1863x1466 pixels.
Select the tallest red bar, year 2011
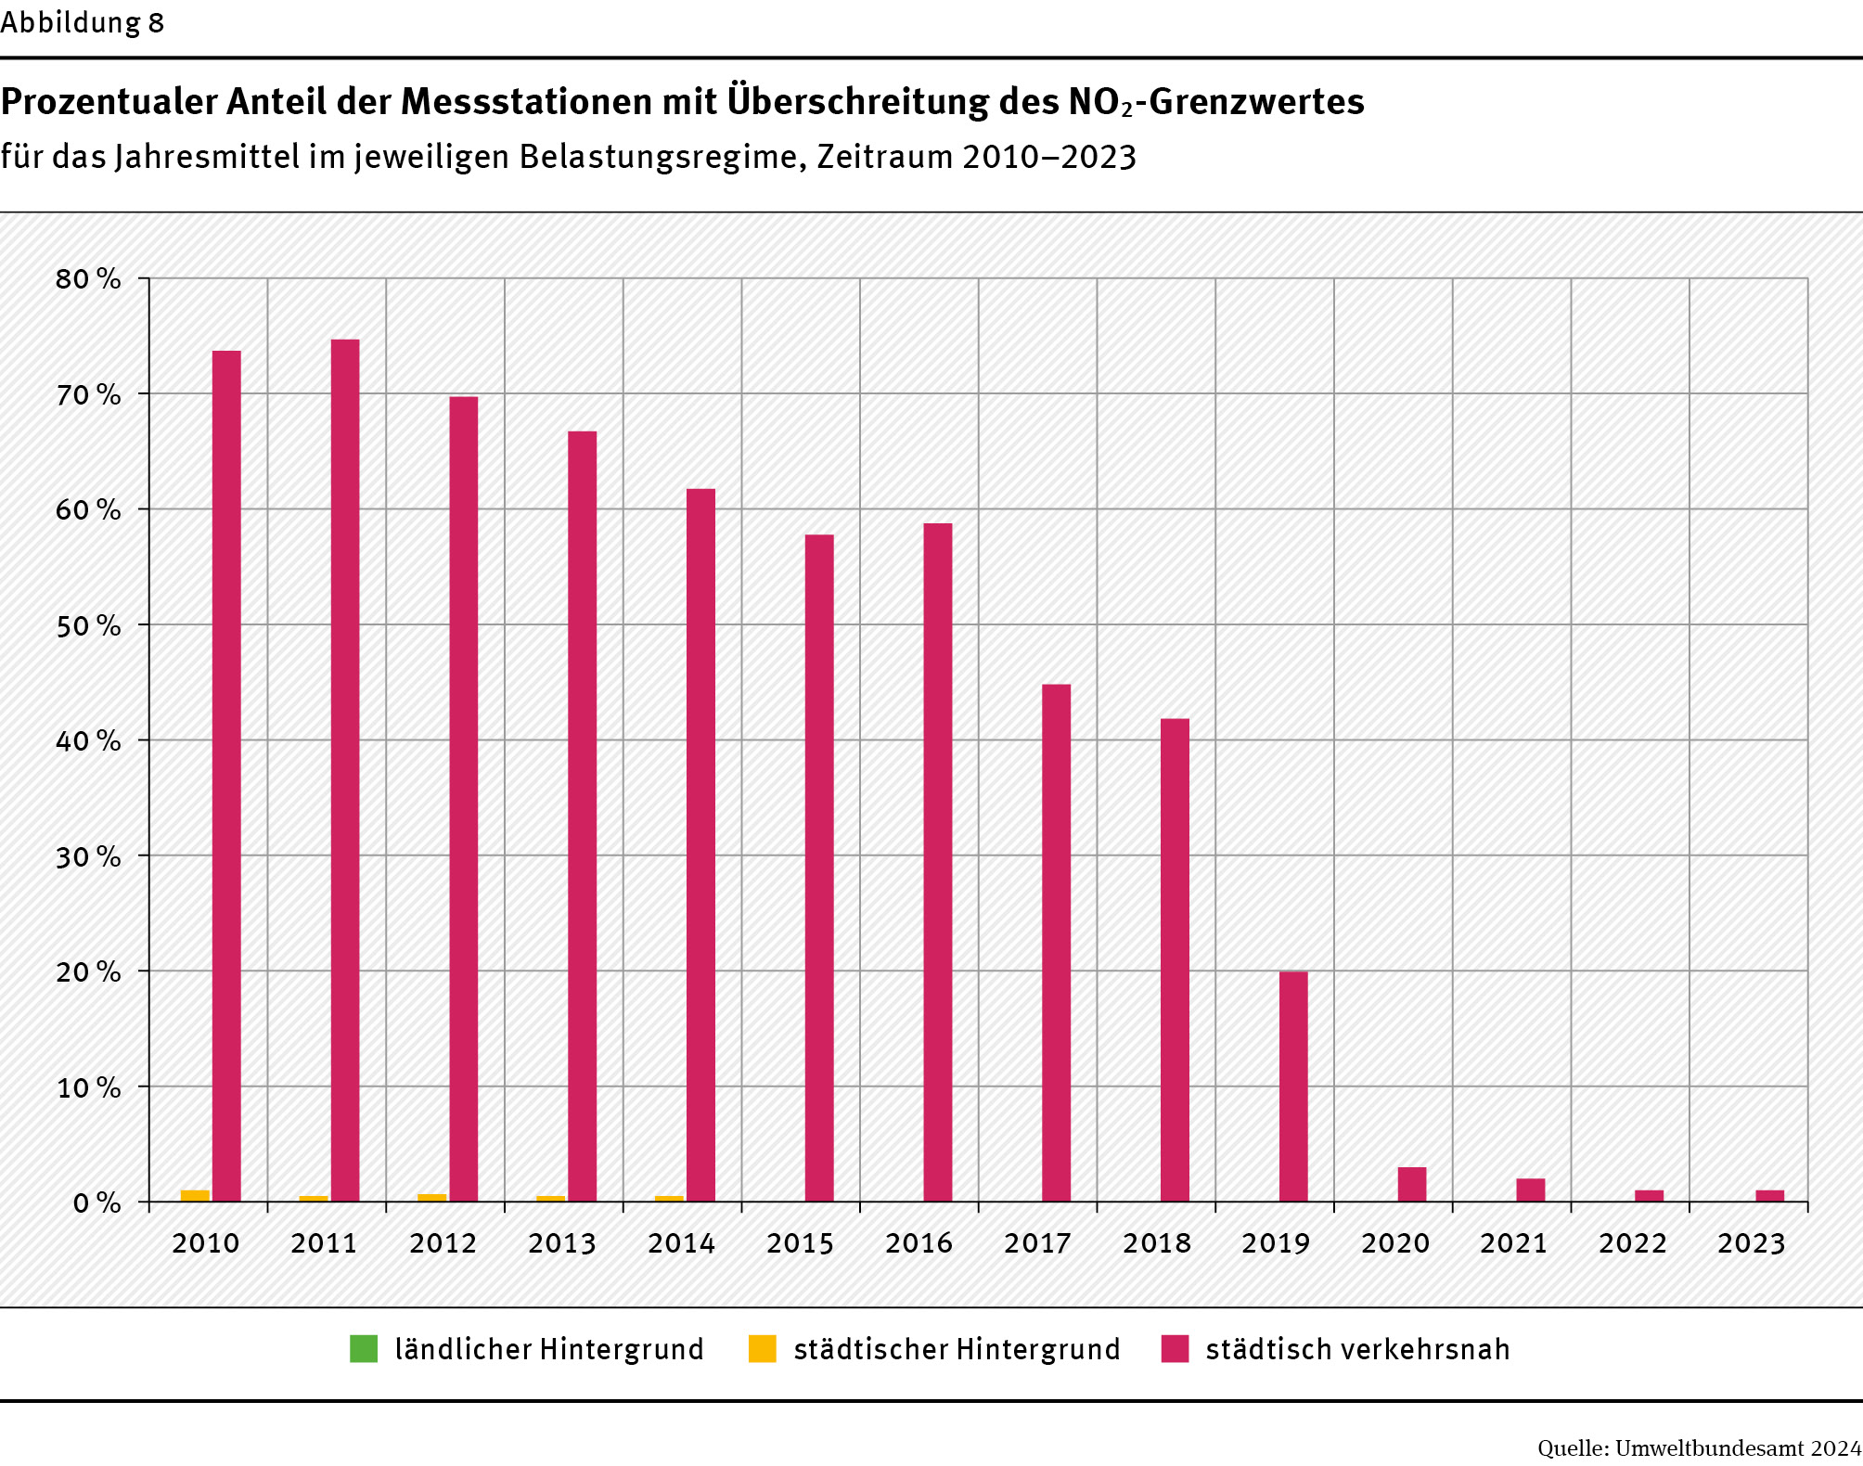[x=345, y=770]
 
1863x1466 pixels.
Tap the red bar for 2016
[x=938, y=862]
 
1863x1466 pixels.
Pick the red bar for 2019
[x=1293, y=1087]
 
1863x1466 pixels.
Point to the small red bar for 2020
[x=1412, y=1185]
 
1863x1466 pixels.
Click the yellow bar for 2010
[x=195, y=1196]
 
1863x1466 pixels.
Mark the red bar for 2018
[x=1175, y=959]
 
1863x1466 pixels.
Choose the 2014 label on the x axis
[x=681, y=1243]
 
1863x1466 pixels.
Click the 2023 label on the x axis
[x=1751, y=1243]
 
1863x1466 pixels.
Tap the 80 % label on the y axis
[x=88, y=279]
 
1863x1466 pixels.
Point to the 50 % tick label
[x=88, y=626]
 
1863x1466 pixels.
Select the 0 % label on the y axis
[x=96, y=1203]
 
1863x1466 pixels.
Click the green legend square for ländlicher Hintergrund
[x=364, y=1349]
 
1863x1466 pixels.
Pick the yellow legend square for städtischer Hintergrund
[x=762, y=1349]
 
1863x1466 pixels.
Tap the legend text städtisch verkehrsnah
[x=1357, y=1349]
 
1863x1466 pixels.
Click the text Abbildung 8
[x=82, y=22]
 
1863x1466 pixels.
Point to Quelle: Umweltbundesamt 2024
[x=1699, y=1448]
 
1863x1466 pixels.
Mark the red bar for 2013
[x=583, y=817]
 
